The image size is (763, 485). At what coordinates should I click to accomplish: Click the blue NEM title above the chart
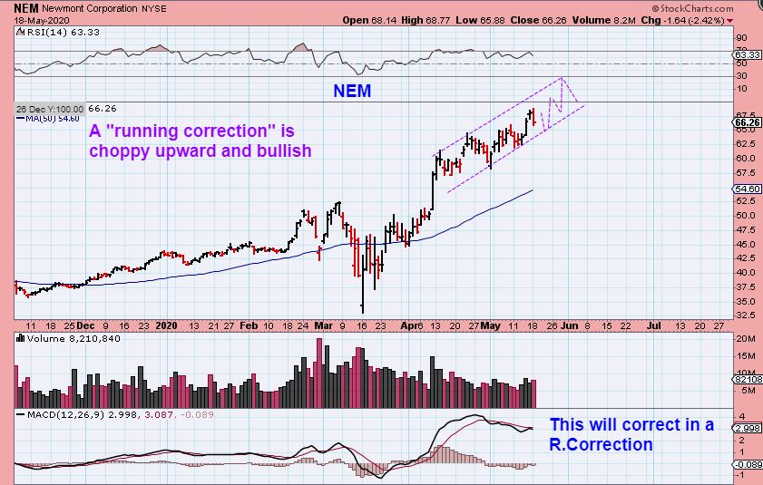(352, 91)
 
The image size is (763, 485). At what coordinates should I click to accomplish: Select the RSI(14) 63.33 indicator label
(50, 32)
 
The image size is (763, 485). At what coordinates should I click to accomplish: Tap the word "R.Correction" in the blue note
(601, 444)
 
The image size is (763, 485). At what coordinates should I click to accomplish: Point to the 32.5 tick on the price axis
(743, 315)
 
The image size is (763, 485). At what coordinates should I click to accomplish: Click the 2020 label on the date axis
(165, 324)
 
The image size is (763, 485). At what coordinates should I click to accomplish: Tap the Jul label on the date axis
(653, 324)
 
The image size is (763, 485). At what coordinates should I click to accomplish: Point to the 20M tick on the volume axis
(745, 339)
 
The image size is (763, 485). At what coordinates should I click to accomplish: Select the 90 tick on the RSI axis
(741, 38)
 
